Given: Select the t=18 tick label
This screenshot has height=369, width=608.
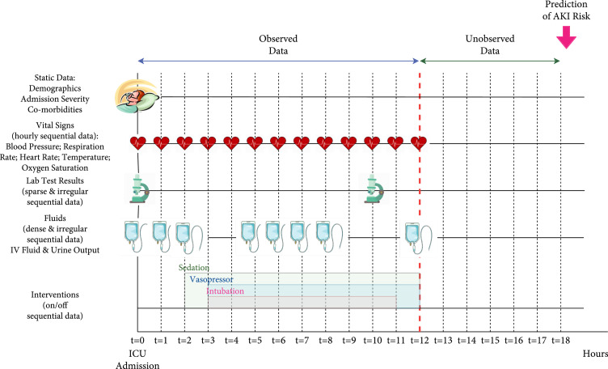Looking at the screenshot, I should [560, 340].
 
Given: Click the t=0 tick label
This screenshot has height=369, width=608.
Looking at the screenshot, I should [137, 340].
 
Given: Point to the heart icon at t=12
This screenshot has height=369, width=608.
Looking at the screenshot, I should [419, 143].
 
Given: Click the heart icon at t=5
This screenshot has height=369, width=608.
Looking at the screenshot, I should [255, 143].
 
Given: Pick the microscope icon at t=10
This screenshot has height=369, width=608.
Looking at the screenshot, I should [373, 189].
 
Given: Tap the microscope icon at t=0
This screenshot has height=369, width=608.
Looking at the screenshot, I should [138, 189].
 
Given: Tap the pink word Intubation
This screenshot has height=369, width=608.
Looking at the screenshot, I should [227, 291].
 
